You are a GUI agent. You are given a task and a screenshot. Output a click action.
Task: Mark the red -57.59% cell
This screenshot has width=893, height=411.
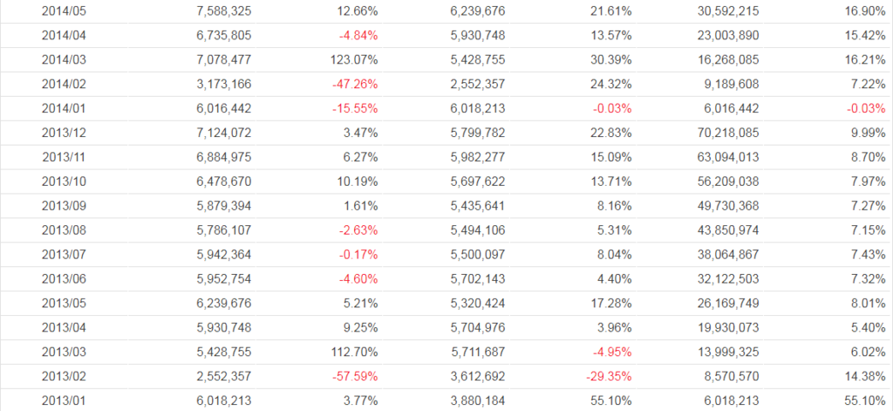tap(355, 377)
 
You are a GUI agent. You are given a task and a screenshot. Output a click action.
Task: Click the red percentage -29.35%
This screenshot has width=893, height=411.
tap(607, 377)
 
